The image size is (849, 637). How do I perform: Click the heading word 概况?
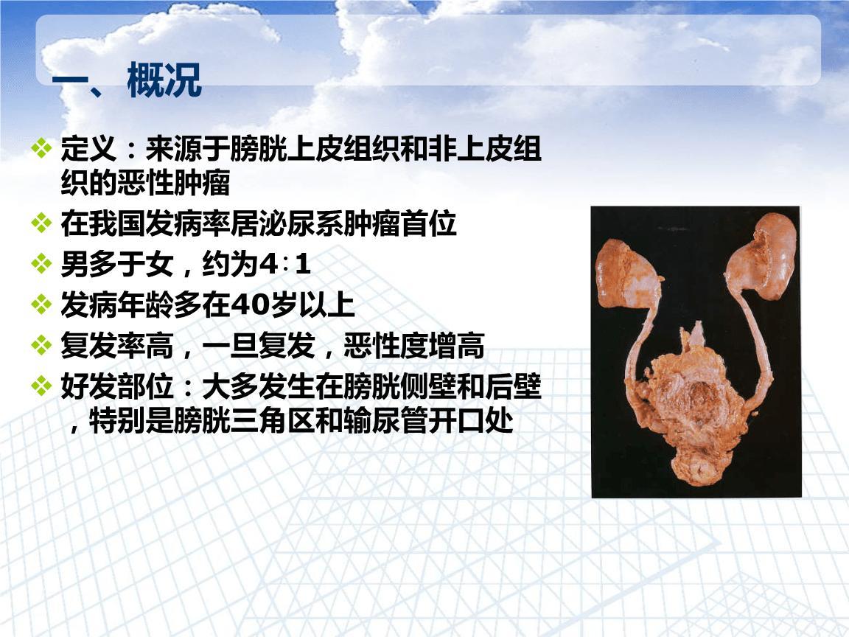point(164,80)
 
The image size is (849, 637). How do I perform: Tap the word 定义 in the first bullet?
point(88,148)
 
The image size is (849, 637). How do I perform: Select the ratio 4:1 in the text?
point(284,265)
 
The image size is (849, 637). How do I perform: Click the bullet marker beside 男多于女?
point(42,265)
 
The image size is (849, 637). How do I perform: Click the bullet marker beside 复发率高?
point(42,345)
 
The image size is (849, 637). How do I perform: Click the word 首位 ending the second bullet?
point(429,223)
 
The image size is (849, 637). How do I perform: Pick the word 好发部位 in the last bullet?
point(117,386)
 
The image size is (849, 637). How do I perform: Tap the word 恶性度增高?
point(414,346)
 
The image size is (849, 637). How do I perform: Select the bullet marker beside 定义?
point(42,148)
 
